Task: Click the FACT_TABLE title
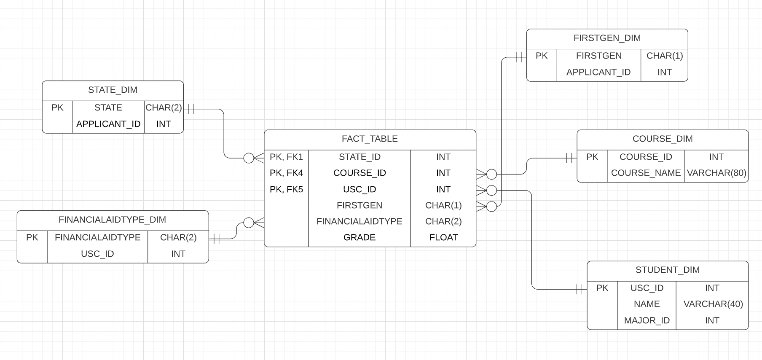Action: point(370,139)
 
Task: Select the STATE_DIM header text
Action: point(113,90)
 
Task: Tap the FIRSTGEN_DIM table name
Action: point(607,38)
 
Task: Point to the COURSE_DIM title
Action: point(663,139)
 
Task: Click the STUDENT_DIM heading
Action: point(668,270)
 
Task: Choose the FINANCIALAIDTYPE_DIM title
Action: point(112,220)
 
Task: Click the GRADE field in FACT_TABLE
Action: point(360,237)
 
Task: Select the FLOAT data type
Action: point(443,237)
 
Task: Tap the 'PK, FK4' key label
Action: point(286,173)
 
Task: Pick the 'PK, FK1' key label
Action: point(286,157)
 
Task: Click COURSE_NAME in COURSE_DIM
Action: point(646,173)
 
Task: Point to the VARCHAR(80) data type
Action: point(716,173)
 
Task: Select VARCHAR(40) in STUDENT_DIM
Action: point(713,304)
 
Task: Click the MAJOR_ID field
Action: point(647,320)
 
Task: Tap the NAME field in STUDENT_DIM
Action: point(647,304)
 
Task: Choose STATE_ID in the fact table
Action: point(360,157)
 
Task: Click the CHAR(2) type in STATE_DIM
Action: point(164,107)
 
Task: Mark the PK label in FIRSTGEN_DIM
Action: point(542,56)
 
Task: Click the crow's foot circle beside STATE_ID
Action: point(249,158)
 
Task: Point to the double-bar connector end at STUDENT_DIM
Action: point(580,289)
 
